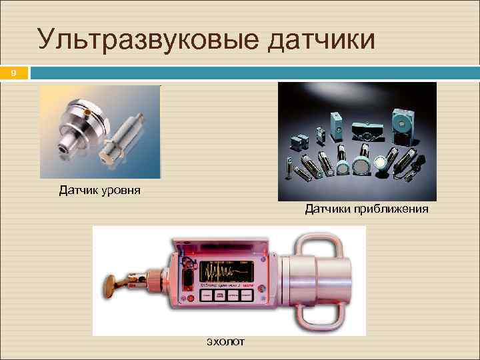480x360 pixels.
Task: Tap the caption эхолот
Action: point(225,341)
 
